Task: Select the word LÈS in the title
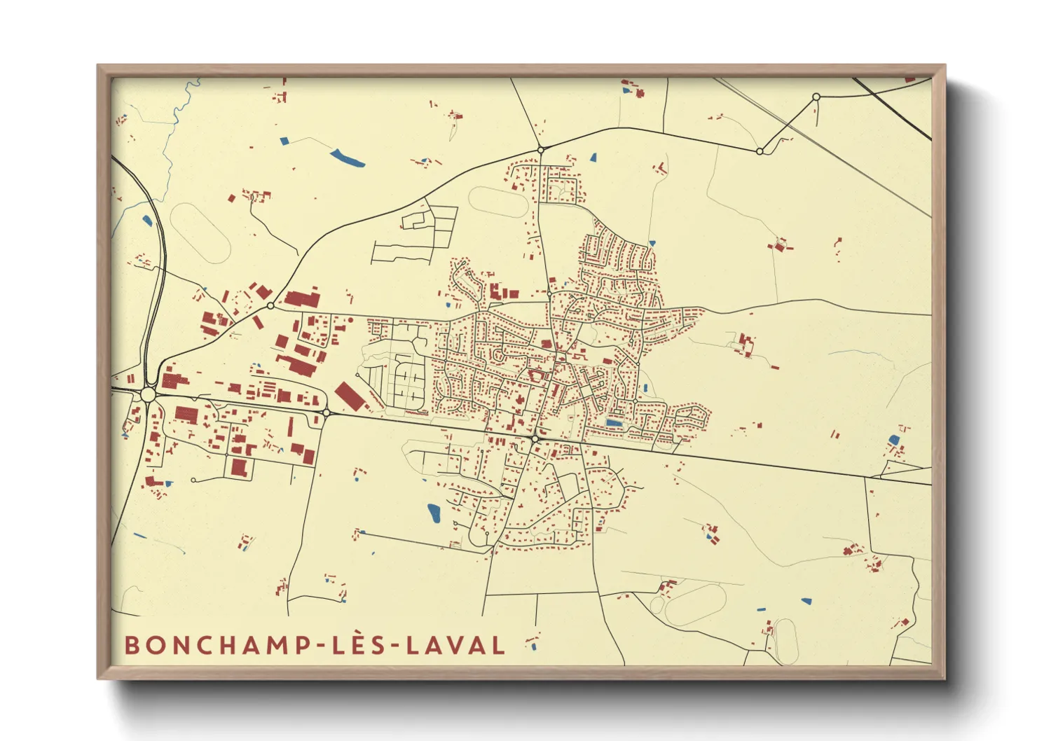(x=359, y=645)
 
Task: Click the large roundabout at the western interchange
(x=148, y=395)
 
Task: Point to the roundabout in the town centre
(x=535, y=439)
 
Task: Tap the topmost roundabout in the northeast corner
(x=816, y=97)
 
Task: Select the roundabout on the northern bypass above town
(x=540, y=149)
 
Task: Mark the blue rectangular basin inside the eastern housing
(x=613, y=423)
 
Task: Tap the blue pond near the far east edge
(x=893, y=440)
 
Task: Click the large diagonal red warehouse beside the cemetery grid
(x=348, y=396)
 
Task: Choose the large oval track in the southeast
(x=695, y=604)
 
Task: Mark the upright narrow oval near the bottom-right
(x=786, y=641)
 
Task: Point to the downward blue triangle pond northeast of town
(x=593, y=158)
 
